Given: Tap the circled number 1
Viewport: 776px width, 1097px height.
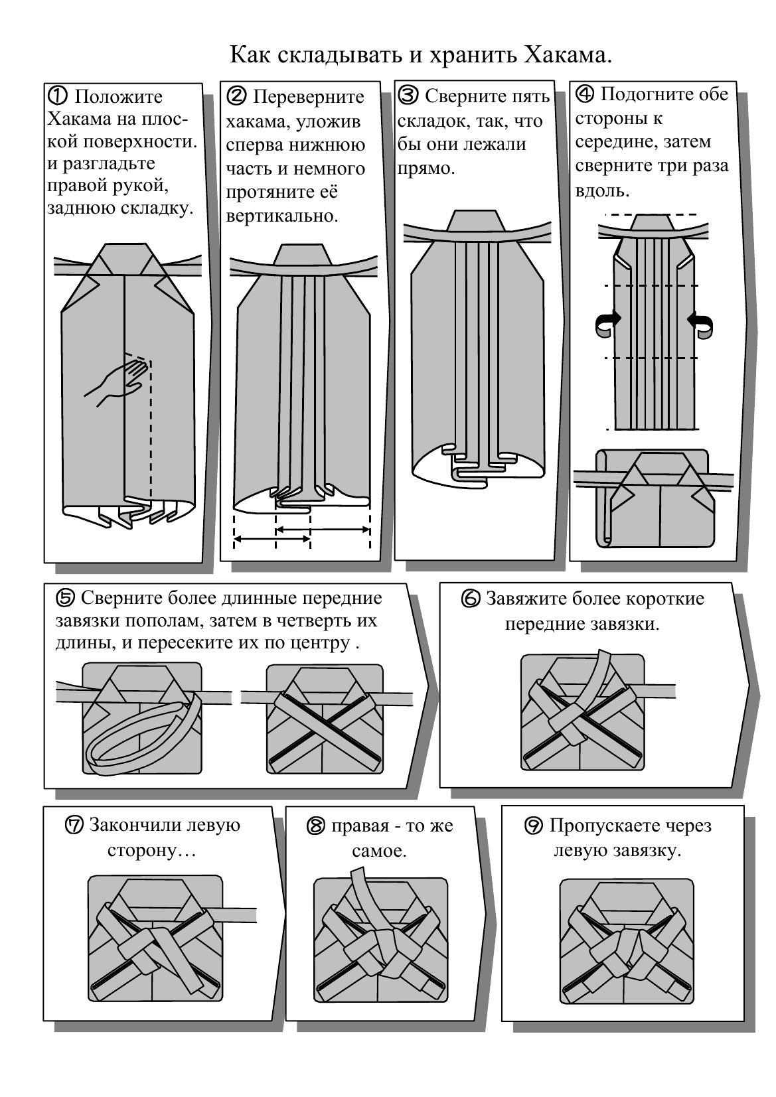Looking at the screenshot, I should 57,96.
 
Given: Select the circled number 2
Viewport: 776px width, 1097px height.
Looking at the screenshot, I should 236,96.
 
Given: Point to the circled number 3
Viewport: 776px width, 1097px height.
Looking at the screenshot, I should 408,96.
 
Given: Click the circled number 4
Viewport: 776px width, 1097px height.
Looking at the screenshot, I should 584,94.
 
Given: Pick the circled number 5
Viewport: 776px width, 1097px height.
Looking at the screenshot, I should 66,598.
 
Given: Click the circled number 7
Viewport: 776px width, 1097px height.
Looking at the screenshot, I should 75,826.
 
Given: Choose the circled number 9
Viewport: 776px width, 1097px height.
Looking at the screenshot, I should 534,826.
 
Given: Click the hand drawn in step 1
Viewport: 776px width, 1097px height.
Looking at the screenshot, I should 116,381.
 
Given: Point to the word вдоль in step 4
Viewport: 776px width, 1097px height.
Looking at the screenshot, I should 601,191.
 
